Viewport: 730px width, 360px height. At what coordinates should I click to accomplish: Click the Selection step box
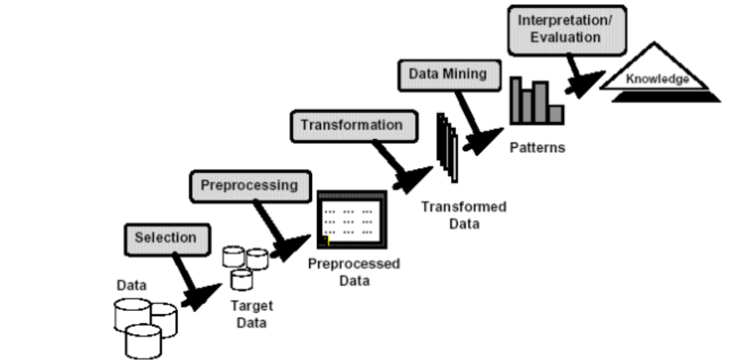point(165,238)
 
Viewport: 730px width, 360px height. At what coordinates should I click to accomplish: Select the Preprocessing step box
point(249,185)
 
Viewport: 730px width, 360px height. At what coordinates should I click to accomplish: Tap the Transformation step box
point(352,125)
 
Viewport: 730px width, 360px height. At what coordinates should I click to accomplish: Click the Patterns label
point(537,147)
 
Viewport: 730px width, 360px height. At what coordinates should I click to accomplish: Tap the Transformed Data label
point(463,215)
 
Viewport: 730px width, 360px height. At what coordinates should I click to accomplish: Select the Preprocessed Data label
point(353,272)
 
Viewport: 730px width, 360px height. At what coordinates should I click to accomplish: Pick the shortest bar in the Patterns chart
point(555,114)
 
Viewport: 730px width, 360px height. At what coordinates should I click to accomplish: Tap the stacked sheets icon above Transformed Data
point(447,146)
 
